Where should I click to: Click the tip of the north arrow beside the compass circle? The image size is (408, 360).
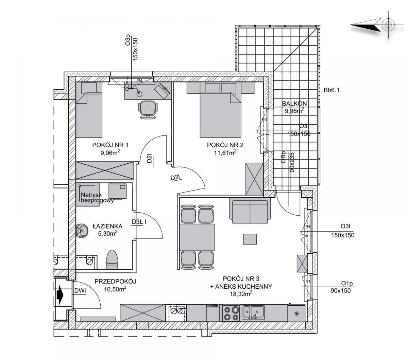point(351,25)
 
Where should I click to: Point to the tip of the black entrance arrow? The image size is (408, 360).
point(63,295)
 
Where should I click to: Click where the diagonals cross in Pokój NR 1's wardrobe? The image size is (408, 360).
point(105,170)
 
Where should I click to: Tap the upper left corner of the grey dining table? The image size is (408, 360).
point(180,224)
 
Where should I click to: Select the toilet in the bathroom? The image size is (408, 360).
point(112,259)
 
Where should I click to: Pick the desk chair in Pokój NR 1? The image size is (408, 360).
point(148,110)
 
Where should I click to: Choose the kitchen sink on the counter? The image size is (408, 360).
point(253,312)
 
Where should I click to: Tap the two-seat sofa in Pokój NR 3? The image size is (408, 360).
point(250,211)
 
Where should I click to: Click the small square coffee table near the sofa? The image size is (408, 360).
point(250,239)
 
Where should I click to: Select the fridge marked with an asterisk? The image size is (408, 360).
point(296,313)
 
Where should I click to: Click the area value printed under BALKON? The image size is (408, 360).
point(294,111)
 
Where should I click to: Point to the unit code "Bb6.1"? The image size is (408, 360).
point(331,90)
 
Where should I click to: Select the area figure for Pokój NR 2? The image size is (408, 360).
point(225,152)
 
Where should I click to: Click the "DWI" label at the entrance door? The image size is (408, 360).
point(80,291)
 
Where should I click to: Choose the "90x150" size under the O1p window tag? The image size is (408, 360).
point(341,291)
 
